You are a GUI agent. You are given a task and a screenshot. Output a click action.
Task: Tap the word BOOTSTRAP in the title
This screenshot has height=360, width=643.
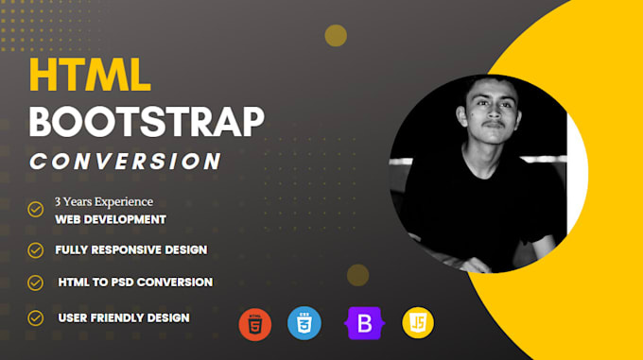pyautogui.click(x=147, y=121)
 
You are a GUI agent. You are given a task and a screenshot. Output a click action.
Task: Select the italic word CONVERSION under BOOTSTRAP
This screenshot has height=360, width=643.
pyautogui.click(x=126, y=161)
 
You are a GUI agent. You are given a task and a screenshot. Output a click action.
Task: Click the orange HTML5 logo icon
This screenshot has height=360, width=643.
pyautogui.click(x=255, y=324)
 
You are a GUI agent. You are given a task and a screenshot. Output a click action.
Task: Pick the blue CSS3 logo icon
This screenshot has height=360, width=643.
pyautogui.click(x=304, y=324)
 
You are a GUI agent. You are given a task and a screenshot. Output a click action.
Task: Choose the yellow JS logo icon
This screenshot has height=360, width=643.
pyautogui.click(x=418, y=324)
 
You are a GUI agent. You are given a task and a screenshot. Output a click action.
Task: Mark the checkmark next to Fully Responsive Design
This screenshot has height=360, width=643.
pyautogui.click(x=36, y=250)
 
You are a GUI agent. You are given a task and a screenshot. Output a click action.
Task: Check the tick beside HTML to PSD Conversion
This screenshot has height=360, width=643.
pyautogui.click(x=36, y=283)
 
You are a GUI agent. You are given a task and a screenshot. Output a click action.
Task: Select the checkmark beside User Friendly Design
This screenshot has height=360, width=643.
pyautogui.click(x=36, y=318)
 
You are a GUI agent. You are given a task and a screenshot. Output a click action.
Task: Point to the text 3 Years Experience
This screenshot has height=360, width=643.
pyautogui.click(x=103, y=201)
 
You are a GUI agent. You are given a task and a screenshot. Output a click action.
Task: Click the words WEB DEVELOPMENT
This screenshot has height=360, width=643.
pyautogui.click(x=110, y=219)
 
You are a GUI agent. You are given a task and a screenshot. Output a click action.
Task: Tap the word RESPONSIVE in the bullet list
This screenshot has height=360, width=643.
pyautogui.click(x=128, y=250)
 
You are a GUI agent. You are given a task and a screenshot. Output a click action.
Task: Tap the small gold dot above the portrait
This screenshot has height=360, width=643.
pyautogui.click(x=336, y=35)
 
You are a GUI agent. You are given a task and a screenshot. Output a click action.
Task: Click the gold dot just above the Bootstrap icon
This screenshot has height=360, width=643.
pyautogui.click(x=357, y=275)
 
